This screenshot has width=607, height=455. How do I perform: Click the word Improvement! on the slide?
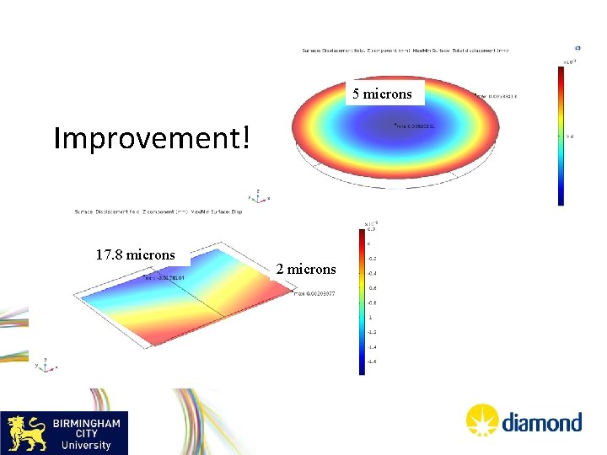pos(152,137)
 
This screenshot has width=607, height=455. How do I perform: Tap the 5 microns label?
pos(382,94)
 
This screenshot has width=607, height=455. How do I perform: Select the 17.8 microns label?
pos(135,254)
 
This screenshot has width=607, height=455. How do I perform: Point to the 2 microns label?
pos(305,270)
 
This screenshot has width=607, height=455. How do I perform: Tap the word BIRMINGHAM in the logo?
pos(88,423)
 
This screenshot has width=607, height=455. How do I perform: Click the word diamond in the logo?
pos(542,421)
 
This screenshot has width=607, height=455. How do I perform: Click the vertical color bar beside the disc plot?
pos(561,136)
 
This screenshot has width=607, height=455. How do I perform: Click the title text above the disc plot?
pos(406,51)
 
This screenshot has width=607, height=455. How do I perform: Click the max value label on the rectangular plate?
pos(314,293)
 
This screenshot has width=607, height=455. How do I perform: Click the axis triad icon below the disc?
pos(258,195)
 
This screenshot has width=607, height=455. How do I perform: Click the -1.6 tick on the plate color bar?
pos(372,361)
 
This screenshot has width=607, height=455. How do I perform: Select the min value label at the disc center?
pos(414,126)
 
